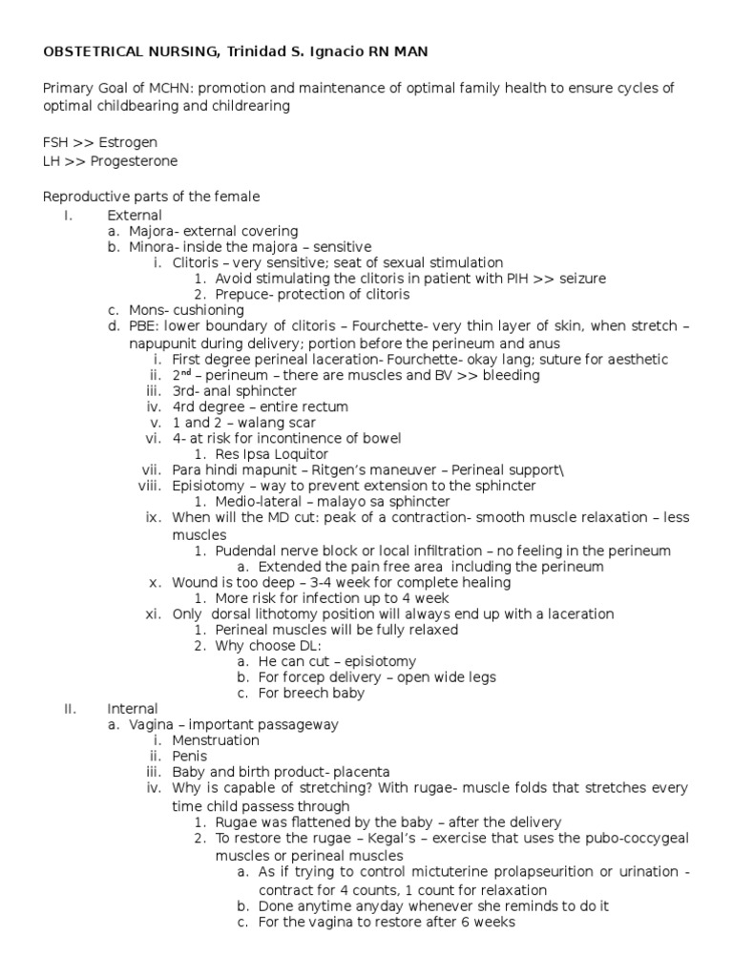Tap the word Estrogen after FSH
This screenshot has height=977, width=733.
[x=127, y=142]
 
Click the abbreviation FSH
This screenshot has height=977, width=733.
[x=55, y=142]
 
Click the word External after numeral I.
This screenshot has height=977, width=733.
[x=135, y=216]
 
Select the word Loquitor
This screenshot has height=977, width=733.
[x=298, y=454]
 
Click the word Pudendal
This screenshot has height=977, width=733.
[x=246, y=551]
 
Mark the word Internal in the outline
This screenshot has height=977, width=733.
[x=133, y=709]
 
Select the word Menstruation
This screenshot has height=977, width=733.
[x=216, y=740]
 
